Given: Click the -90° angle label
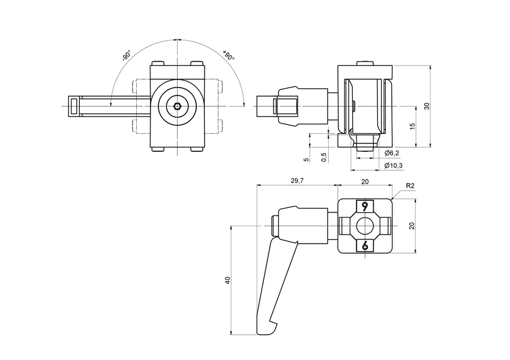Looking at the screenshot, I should (127, 56).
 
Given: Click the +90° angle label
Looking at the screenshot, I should (229, 55).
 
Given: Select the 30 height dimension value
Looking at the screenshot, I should (427, 106).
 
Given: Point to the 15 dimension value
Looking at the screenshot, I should (411, 126).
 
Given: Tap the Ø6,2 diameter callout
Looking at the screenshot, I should (391, 154).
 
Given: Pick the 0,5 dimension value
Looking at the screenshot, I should (324, 157).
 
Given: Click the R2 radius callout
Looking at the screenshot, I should (410, 186).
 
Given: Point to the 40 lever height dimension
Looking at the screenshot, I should (227, 280).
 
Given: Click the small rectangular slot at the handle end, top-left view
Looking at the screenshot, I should (74, 107).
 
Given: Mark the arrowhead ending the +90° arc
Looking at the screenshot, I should (243, 104).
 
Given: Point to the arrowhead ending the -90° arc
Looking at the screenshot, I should (112, 104).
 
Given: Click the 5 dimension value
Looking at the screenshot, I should (306, 160).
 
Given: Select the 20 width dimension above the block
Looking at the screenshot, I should (365, 181).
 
